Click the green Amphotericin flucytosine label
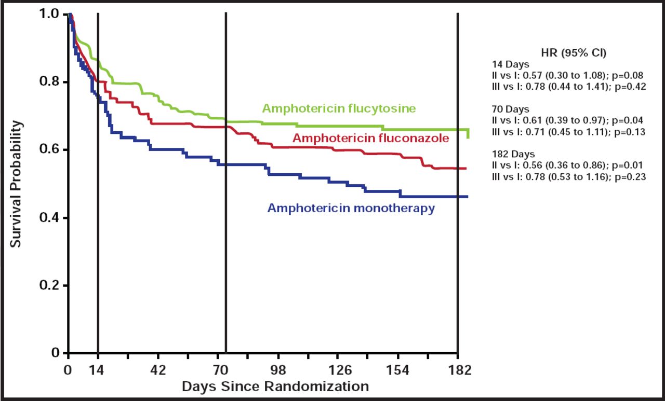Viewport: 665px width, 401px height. pyautogui.click(x=339, y=108)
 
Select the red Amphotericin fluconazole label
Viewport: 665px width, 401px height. pyautogui.click(x=371, y=138)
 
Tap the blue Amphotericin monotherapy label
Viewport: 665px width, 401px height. pyautogui.click(x=351, y=209)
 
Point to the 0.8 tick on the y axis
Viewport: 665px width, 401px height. pyautogui.click(x=50, y=82)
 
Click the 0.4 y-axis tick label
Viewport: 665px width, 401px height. pyautogui.click(x=50, y=218)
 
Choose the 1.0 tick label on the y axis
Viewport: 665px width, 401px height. pyautogui.click(x=50, y=14)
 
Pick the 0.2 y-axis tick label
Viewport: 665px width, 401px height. pyautogui.click(x=50, y=286)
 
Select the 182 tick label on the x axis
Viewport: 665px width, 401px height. pyautogui.click(x=458, y=370)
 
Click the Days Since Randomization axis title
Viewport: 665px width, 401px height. pyautogui.click(x=275, y=386)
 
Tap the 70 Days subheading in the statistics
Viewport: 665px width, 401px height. pyautogui.click(x=511, y=110)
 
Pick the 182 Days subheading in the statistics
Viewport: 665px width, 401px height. pyautogui.click(x=513, y=155)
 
